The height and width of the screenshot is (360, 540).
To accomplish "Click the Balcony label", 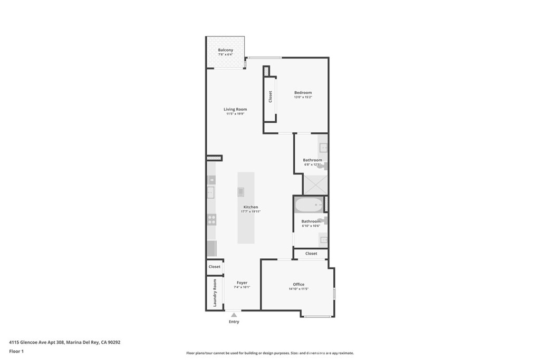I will point(225,50).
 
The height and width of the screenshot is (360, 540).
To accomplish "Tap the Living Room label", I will point(235,109).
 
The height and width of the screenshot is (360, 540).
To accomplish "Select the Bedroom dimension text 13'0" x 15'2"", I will point(303,98).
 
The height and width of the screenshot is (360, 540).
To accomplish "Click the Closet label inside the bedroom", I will point(271,96).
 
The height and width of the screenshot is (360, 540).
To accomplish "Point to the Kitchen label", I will point(250,207).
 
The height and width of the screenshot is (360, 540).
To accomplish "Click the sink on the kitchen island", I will point(241,191).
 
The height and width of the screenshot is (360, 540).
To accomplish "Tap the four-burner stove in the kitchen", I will point(211,219).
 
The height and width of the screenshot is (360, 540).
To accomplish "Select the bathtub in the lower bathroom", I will point(308,204).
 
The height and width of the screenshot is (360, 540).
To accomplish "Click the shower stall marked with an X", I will point(315,184).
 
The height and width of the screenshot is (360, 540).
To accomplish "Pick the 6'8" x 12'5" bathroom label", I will point(312,164).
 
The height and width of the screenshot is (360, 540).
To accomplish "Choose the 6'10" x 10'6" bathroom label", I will point(311,226).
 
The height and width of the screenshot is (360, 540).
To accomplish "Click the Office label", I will point(298,284).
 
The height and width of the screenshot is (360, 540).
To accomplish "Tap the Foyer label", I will point(242,283).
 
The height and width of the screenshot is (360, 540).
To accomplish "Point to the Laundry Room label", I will point(215,293).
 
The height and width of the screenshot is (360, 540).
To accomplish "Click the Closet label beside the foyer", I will point(215,267).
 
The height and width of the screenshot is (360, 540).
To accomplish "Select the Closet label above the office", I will point(311,254).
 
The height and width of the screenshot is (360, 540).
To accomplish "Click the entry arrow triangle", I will point(234,315).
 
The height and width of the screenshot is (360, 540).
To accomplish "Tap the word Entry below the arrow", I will point(234,322).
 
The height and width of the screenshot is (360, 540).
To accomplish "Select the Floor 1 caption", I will point(16,351).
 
